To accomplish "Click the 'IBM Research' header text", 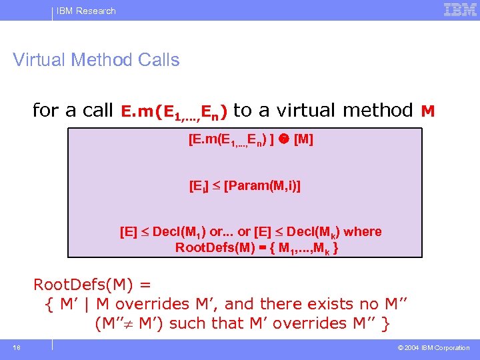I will pos(86,11).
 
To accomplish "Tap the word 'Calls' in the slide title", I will pos(158,60).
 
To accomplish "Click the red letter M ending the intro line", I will pos(428,111).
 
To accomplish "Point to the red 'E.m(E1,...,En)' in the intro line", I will pos(175,111).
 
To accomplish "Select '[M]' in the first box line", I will pos(303,140).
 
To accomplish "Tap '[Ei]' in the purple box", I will pos(199,187).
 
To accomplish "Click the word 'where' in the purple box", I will pos(363,232).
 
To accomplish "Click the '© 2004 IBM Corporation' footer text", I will pos(433,348).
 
